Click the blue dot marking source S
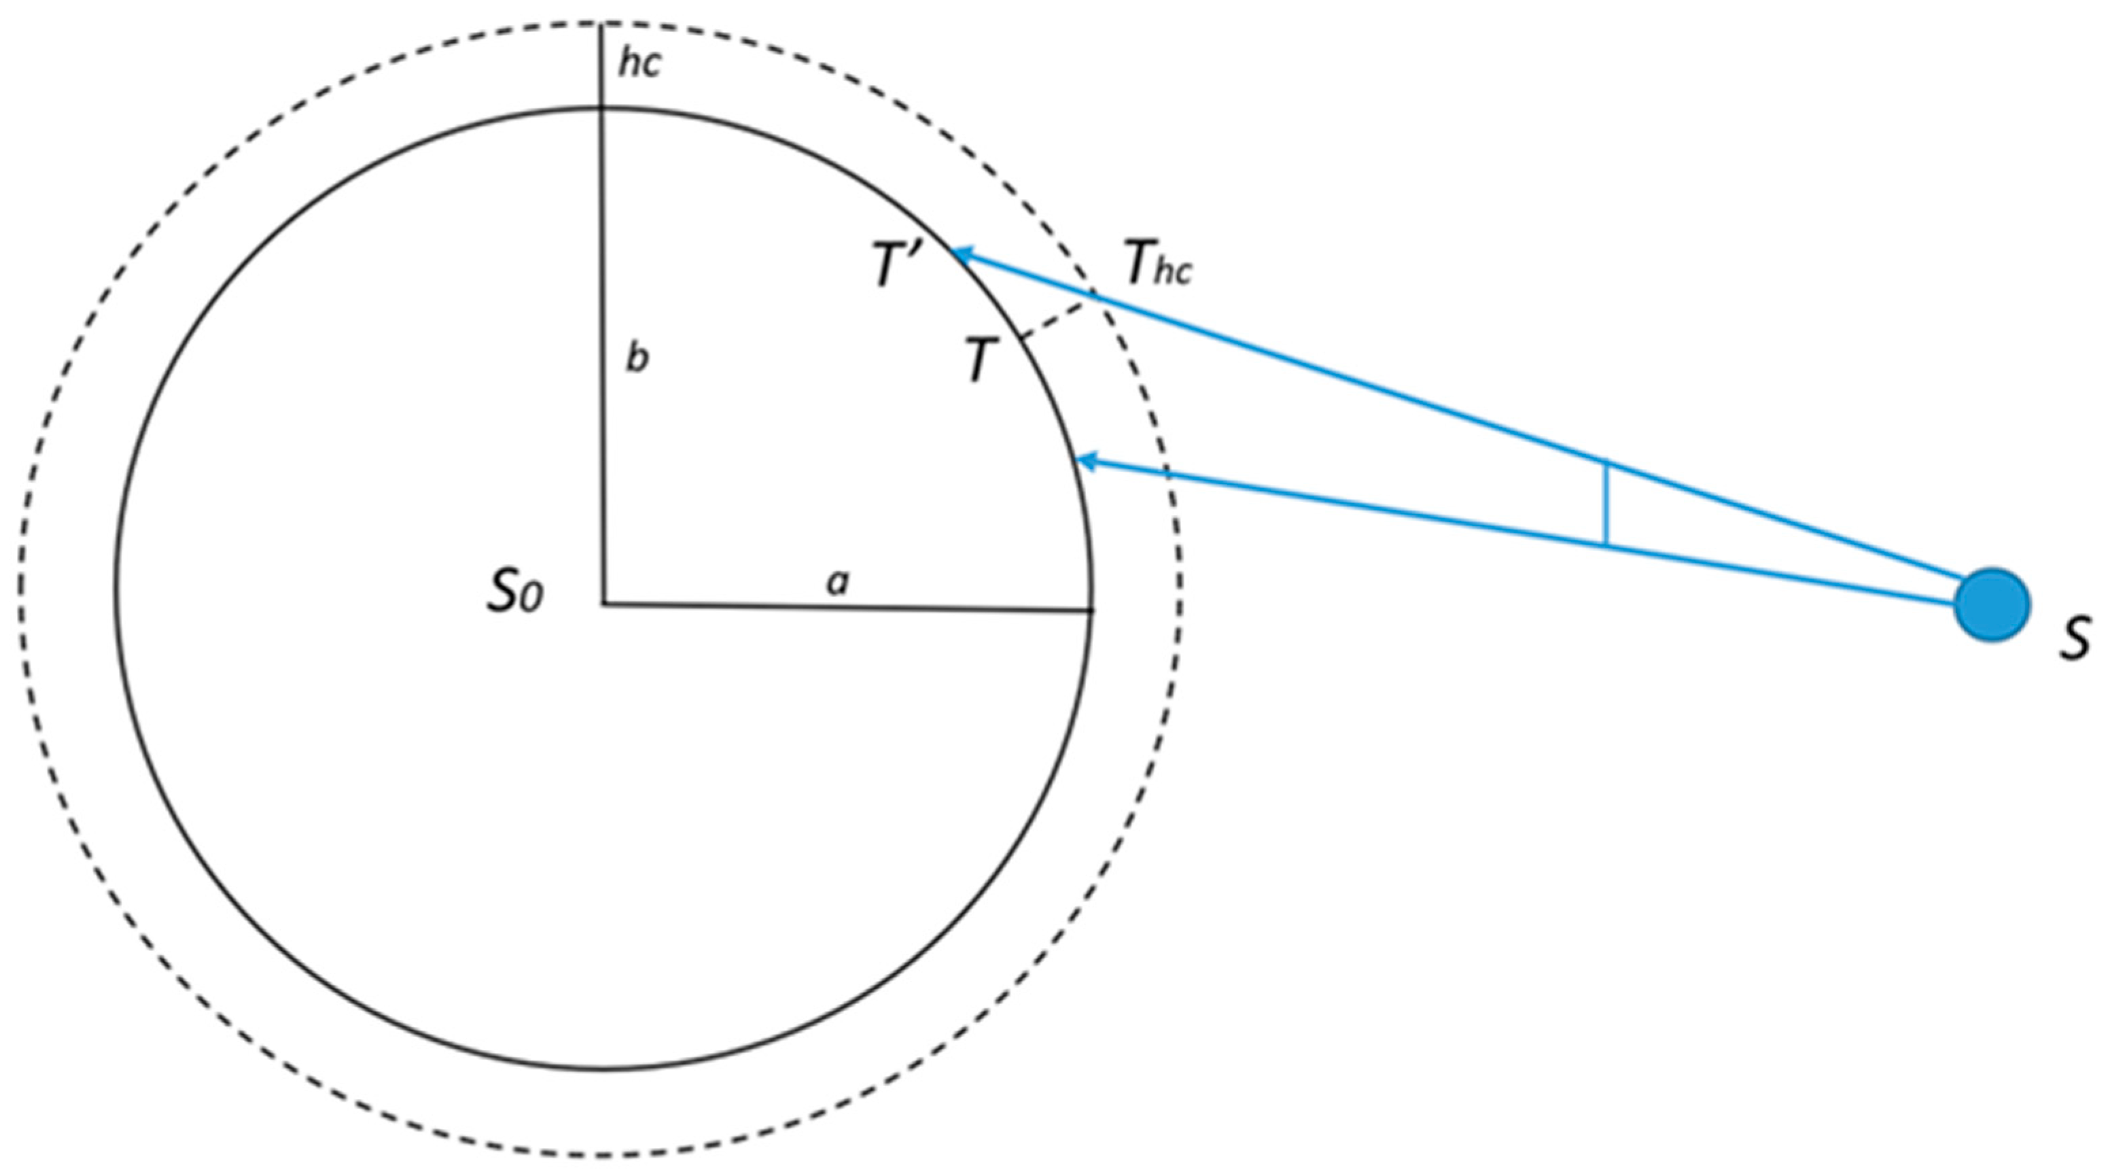(x=1991, y=604)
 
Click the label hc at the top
(x=639, y=63)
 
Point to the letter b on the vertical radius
(x=637, y=358)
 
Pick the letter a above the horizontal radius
(x=837, y=582)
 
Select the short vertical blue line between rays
(x=1607, y=504)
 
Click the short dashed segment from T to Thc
(x=1057, y=320)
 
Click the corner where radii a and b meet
(x=603, y=604)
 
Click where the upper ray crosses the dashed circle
(x=1093, y=293)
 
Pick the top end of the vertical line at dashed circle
(x=601, y=24)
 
